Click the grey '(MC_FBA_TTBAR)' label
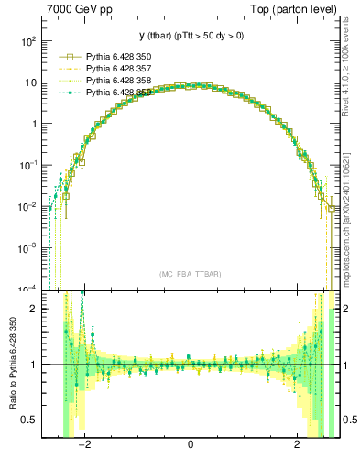[190, 274]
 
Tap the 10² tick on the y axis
[29, 41]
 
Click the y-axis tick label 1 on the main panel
[35, 124]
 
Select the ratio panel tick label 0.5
[31, 420]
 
